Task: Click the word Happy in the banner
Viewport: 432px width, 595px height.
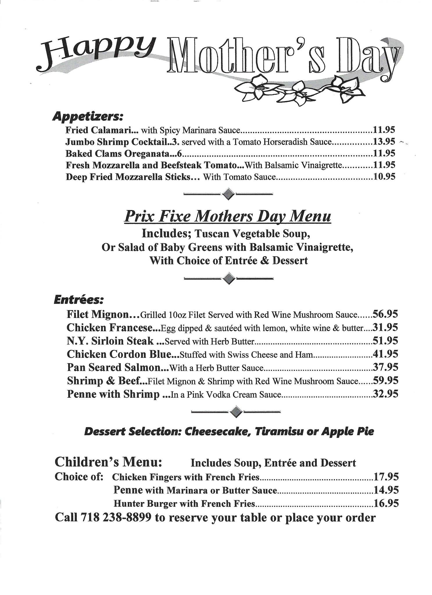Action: (x=96, y=54)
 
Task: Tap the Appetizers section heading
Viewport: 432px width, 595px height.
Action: (x=88, y=117)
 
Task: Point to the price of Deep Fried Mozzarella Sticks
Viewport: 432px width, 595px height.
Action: (x=384, y=177)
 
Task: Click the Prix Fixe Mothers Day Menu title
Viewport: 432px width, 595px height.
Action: (x=227, y=216)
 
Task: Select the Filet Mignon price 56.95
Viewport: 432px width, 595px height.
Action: (x=385, y=314)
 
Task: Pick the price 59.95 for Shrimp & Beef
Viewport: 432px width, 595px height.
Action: (x=385, y=381)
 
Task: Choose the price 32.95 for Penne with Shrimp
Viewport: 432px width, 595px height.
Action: (x=385, y=394)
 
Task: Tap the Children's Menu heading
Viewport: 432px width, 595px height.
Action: (x=108, y=462)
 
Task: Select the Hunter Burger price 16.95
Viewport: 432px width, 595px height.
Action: (x=386, y=503)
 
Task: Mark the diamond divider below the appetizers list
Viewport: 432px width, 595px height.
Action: (x=228, y=193)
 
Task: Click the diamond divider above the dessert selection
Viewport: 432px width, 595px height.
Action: (x=236, y=412)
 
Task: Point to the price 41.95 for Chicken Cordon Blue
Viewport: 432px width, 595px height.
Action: (x=385, y=354)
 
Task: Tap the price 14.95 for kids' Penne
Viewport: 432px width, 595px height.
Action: (x=386, y=490)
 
